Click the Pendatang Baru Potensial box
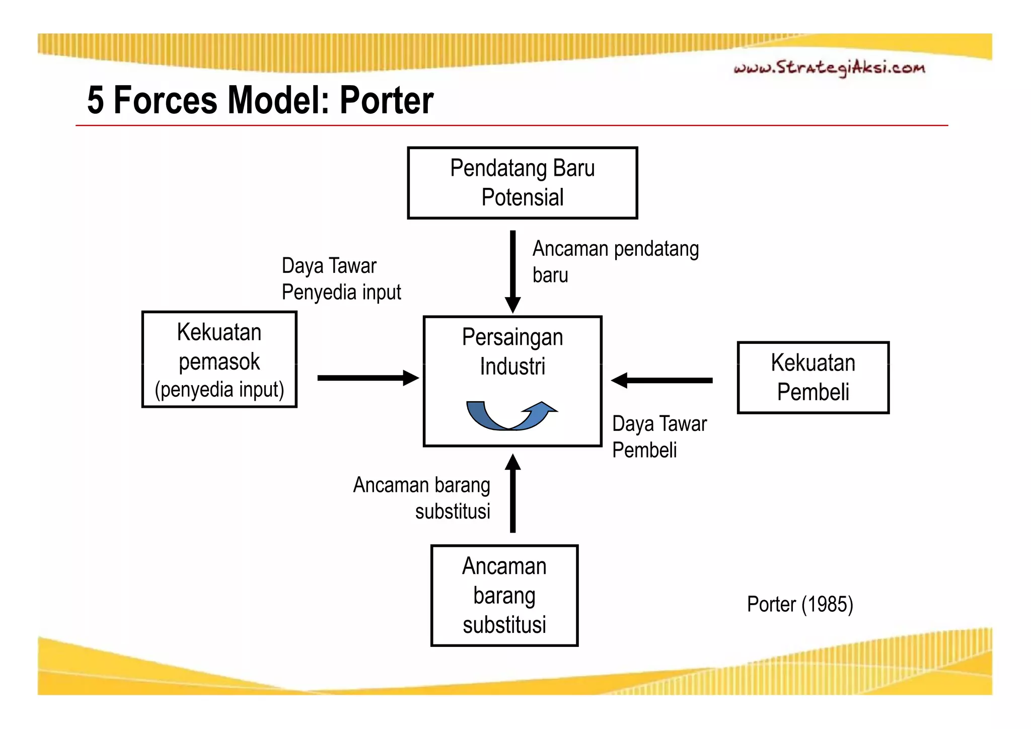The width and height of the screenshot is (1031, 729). (x=522, y=183)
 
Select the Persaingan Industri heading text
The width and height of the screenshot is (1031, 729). (x=512, y=351)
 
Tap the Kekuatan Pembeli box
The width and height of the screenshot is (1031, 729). (x=813, y=378)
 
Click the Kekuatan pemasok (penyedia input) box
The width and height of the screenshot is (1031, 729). (x=219, y=359)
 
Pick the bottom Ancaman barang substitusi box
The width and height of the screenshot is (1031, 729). (x=504, y=595)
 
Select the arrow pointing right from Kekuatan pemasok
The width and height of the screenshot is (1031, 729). (x=367, y=378)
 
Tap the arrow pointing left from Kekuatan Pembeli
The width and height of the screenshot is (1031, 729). (x=661, y=380)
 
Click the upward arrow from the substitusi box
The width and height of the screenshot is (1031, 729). (x=512, y=493)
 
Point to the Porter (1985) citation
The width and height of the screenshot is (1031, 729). (x=799, y=604)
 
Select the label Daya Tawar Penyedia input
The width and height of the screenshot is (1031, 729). (x=341, y=279)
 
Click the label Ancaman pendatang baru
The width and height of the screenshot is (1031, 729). (x=615, y=262)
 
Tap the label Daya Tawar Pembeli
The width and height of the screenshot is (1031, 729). (x=659, y=436)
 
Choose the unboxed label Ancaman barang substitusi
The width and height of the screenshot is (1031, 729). (x=422, y=498)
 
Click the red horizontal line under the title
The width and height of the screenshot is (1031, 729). (x=511, y=125)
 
